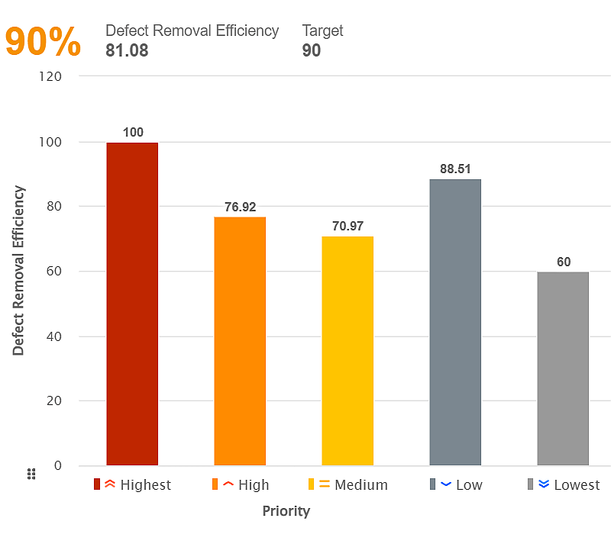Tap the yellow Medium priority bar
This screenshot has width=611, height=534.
point(348,351)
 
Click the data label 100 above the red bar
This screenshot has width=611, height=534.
point(133,133)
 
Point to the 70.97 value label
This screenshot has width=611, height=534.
point(348,227)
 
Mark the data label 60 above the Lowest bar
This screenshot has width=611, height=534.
point(564,262)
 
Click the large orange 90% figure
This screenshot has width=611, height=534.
point(43,43)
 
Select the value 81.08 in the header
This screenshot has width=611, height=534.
point(127,51)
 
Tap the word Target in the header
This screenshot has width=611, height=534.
point(322,31)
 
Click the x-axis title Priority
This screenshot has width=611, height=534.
point(286,510)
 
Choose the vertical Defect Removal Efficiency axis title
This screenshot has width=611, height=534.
point(19,271)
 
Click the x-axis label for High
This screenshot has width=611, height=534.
point(254,485)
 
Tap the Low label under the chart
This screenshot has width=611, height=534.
point(469,485)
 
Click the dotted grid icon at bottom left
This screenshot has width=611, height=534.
point(32,474)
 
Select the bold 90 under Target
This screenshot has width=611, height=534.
point(312,51)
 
